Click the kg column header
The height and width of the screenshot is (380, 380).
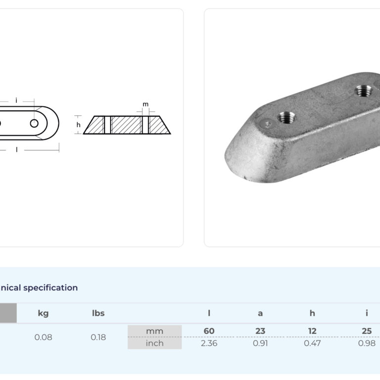(43, 313)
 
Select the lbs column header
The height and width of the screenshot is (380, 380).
(98, 313)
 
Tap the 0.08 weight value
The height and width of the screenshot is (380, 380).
(43, 337)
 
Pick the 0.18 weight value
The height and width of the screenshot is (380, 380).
(98, 337)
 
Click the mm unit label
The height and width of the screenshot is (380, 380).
(154, 331)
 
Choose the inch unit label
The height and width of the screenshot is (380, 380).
(154, 343)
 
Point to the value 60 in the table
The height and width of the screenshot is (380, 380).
(209, 331)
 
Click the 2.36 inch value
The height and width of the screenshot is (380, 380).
(209, 343)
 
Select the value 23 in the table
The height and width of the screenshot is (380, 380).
(260, 331)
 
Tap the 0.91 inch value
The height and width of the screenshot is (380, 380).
(260, 343)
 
